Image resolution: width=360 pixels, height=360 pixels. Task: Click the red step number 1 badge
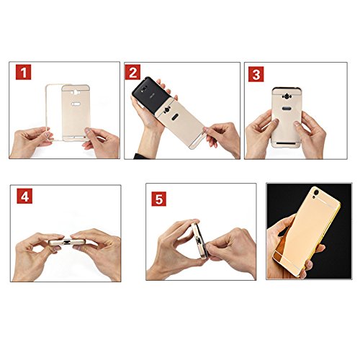23,72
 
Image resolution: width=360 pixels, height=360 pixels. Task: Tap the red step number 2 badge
132,72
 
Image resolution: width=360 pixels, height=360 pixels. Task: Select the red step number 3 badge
256,74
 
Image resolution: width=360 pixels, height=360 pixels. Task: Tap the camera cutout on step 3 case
287,96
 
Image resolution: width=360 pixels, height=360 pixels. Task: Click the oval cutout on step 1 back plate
76,104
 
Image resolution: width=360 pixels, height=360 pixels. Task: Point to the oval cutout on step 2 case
175,117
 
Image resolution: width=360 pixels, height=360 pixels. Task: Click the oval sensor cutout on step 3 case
286,109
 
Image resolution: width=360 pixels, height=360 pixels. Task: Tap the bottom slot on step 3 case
286,143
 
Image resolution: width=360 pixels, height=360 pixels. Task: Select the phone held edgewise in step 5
200,240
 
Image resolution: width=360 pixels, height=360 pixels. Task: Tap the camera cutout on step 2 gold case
166,110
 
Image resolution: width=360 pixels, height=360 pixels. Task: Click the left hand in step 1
30,142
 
